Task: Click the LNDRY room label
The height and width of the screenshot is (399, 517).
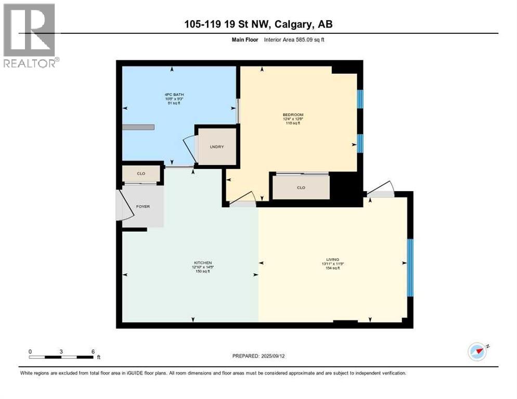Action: pos(217,147)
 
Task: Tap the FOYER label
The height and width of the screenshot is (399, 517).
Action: pos(143,206)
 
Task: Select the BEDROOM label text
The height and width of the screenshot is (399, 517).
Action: pos(293,115)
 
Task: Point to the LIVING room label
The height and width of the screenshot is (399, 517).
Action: pos(333,259)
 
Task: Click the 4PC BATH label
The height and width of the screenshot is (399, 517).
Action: pos(171,95)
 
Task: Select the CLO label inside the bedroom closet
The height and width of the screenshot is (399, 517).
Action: pos(301,188)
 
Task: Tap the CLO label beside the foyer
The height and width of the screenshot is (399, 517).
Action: pos(141,174)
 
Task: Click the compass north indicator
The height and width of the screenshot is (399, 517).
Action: pos(478,352)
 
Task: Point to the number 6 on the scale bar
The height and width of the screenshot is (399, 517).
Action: pos(93,351)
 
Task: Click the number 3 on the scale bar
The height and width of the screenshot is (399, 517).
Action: pos(61,351)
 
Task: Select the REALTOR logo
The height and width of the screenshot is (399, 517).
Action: pos(30,35)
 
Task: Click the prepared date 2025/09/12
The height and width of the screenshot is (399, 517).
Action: pos(258,356)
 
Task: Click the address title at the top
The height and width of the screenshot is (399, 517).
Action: pos(258,24)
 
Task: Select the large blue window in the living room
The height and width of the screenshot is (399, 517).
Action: pos(410,268)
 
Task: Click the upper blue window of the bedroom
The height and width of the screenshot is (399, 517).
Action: pos(359,99)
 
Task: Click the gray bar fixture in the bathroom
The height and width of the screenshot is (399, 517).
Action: pos(138,127)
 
